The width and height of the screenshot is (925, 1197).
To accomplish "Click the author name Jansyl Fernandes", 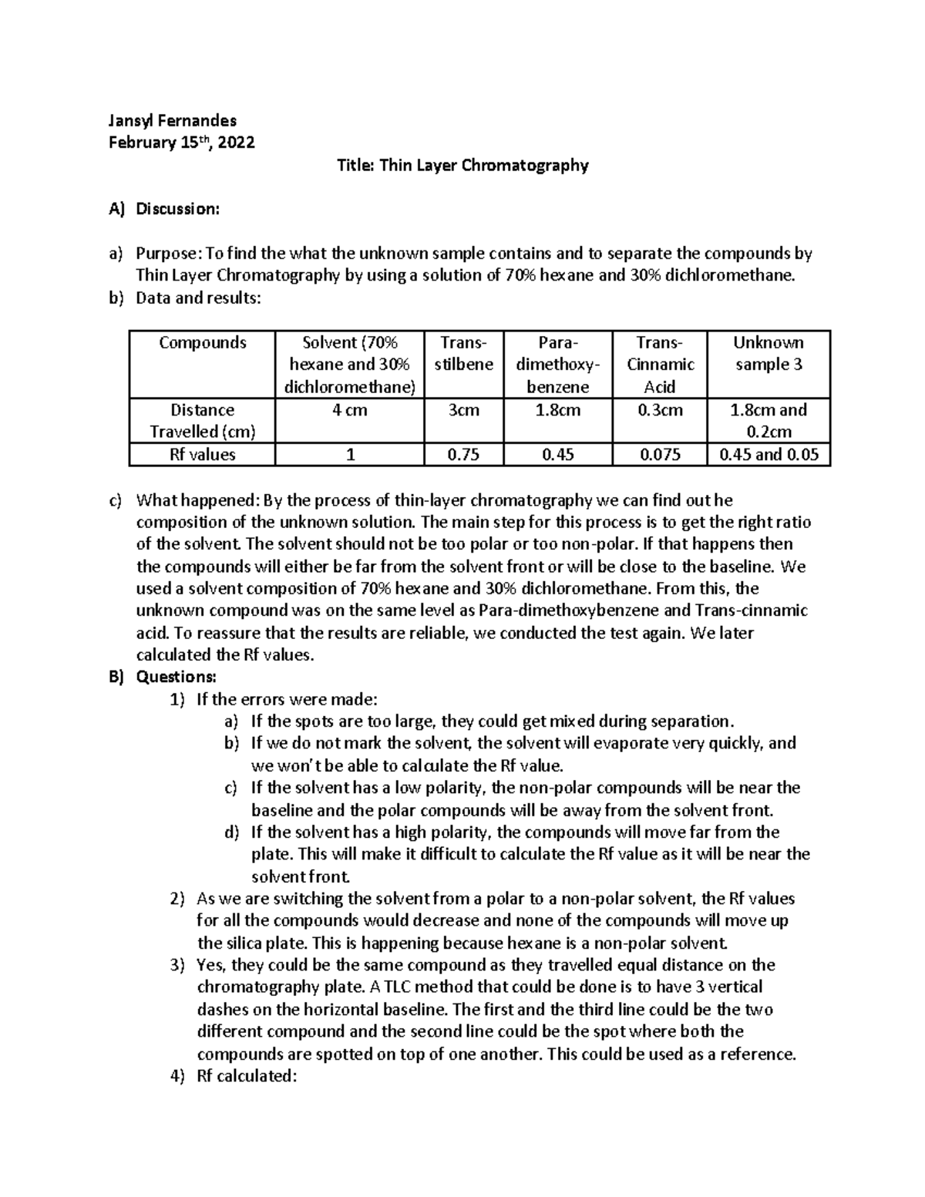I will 172,120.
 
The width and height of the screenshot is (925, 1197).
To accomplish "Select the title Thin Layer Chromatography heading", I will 462,165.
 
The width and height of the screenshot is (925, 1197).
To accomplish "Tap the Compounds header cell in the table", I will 202,343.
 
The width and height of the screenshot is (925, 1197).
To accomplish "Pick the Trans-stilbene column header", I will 463,354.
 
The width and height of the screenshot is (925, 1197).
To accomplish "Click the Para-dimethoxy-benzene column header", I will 557,365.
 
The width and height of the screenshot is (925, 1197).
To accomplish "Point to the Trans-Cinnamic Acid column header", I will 659,365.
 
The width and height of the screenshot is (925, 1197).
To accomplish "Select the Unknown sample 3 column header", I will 768,354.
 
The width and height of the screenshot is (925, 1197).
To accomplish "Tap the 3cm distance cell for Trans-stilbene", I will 463,411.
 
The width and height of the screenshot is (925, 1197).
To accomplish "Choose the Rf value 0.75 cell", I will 463,455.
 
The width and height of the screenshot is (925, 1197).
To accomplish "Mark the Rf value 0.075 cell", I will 659,455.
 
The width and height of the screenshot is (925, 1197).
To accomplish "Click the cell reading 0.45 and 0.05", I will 768,455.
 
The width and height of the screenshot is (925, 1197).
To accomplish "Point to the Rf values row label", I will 202,455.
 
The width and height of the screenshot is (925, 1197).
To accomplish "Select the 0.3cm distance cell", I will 659,411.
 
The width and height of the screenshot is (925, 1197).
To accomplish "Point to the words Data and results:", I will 198,298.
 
